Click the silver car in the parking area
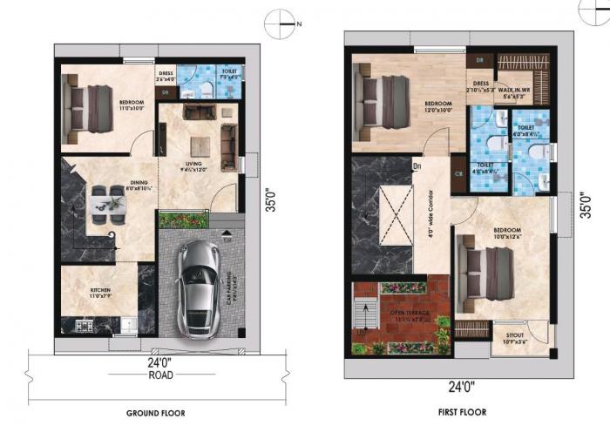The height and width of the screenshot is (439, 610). click(x=199, y=287)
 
